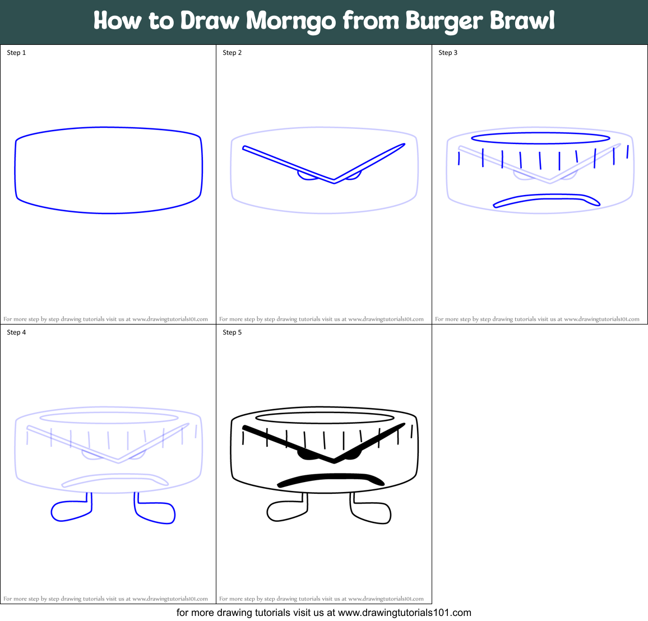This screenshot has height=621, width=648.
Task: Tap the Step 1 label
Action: [16, 53]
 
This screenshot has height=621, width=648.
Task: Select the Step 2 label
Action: [232, 53]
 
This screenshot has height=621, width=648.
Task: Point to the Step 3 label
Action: [448, 53]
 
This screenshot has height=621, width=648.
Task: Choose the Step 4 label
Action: [16, 332]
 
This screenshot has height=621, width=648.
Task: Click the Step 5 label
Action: [232, 332]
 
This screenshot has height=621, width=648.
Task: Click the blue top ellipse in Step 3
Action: [540, 137]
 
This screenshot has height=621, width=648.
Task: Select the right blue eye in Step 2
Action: [353, 176]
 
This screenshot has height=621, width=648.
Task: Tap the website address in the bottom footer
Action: [405, 613]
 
